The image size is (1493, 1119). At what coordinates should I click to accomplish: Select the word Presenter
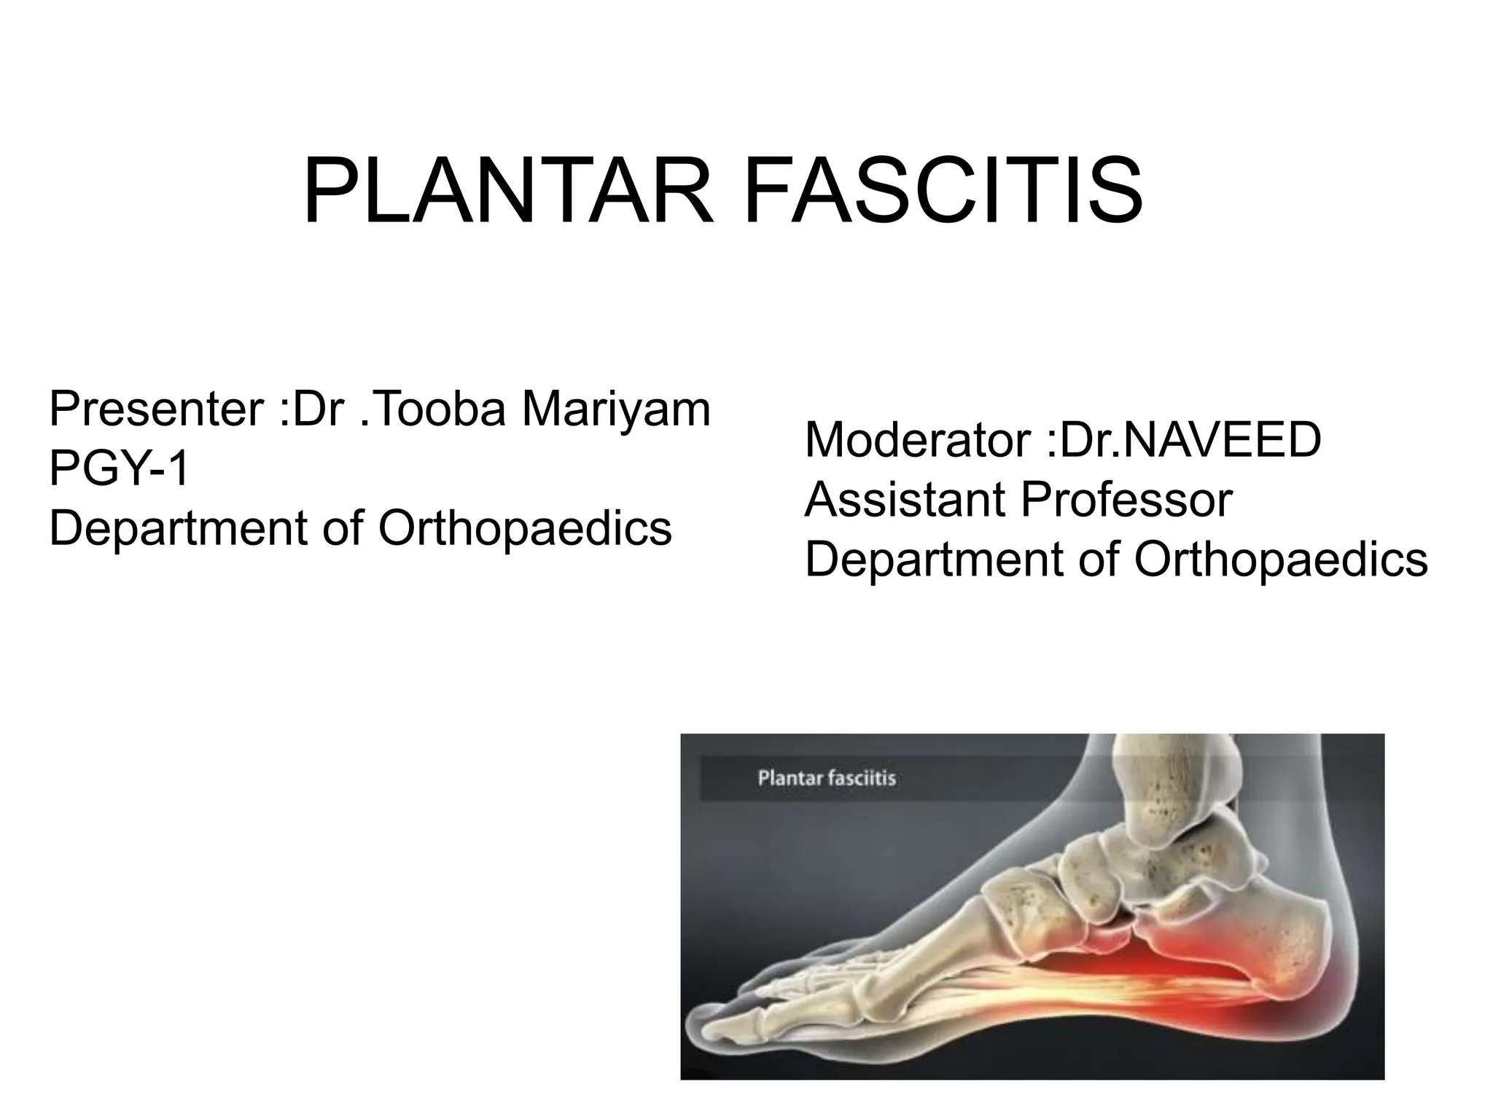155,409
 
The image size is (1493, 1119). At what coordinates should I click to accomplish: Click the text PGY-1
120,468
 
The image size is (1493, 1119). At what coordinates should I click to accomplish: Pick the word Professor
1126,501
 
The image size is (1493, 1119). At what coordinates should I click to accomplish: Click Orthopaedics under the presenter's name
525,528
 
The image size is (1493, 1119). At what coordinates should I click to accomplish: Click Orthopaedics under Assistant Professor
1281,560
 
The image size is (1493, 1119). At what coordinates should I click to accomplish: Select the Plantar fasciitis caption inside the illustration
827,779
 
